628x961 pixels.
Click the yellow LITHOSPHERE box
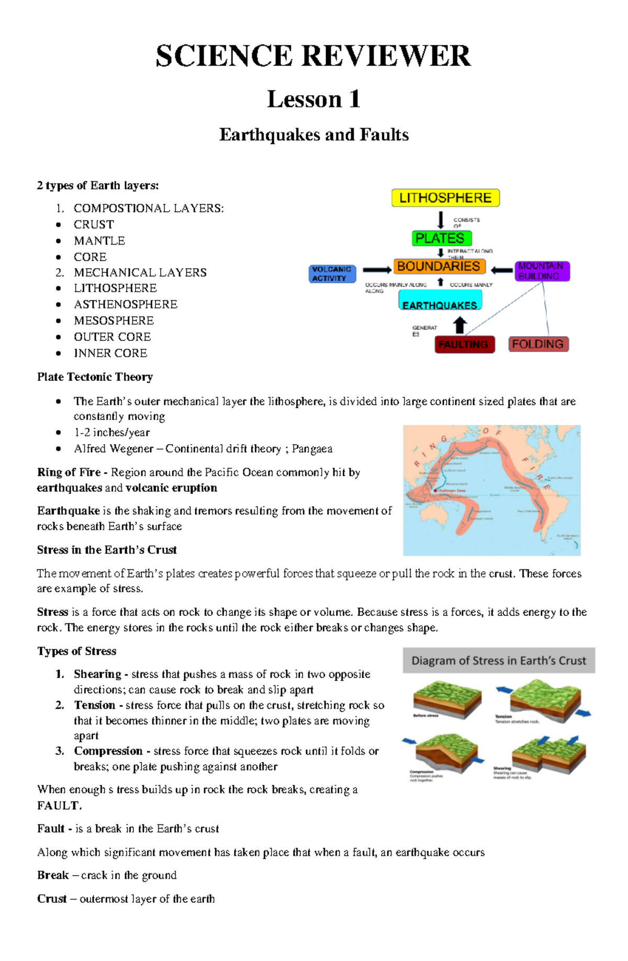coord(445,198)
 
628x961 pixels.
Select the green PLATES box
coord(441,238)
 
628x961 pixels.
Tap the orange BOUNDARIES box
coord(439,267)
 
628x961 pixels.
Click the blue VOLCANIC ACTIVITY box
coord(332,274)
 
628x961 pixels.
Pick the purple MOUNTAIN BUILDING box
coord(542,271)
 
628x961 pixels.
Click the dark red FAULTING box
coord(464,345)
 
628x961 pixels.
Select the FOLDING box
coord(538,344)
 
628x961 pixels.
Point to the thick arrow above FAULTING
coord(459,325)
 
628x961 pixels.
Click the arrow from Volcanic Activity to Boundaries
coord(376,270)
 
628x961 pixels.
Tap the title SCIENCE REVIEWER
coord(313,56)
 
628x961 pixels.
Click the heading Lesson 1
coord(313,99)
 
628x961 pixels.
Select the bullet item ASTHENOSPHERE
coord(126,304)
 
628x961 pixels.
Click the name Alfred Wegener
coord(114,449)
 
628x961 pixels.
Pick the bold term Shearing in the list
coord(97,674)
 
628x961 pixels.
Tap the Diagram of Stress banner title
coord(498,661)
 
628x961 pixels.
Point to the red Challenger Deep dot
coord(435,491)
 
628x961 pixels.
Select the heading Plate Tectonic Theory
coord(95,377)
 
